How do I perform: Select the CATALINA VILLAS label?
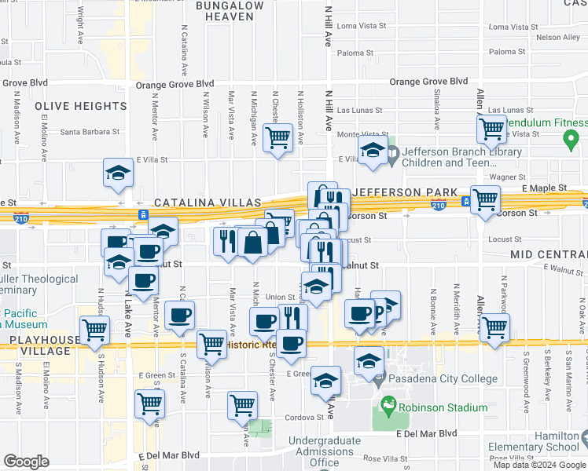208,203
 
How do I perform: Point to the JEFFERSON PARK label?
406,192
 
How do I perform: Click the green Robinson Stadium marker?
387,407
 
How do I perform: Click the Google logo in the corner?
26,461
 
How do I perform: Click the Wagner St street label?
506,177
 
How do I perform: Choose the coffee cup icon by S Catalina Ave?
179,316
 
